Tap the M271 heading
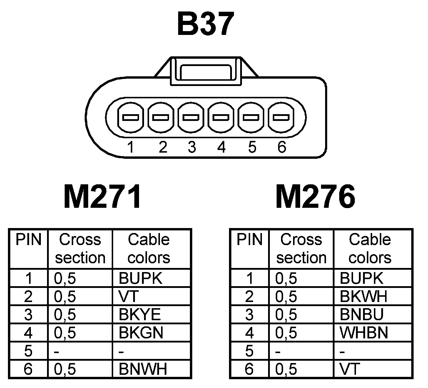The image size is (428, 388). tap(102, 197)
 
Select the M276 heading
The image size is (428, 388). tap(315, 197)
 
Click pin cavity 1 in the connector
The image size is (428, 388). tap(131, 117)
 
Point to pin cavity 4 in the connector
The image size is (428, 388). tap(221, 117)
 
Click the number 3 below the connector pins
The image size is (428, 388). tap(192, 147)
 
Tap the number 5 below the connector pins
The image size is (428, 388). tap(252, 147)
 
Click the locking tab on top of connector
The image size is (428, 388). tap(206, 71)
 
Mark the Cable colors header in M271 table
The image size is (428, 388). tap(149, 248)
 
